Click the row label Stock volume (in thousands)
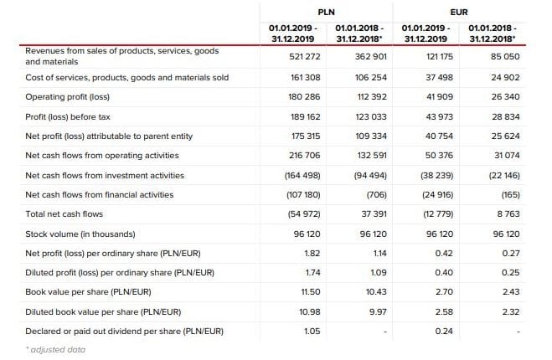click(x=80, y=233)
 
